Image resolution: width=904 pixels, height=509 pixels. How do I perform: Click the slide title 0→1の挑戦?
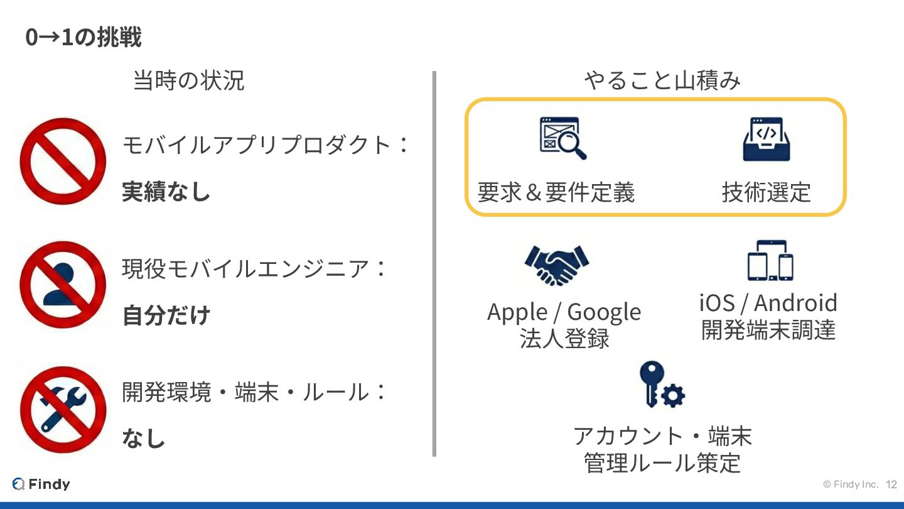(x=83, y=38)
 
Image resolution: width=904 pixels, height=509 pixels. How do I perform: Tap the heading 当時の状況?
(x=188, y=81)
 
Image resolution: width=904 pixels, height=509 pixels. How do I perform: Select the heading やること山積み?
(x=662, y=81)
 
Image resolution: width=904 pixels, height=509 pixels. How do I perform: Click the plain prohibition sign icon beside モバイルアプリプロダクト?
(x=62, y=161)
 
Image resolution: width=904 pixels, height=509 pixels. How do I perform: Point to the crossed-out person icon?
(x=62, y=284)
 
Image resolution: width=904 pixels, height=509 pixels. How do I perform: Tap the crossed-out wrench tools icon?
(x=62, y=408)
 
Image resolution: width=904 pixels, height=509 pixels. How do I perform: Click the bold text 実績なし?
(x=166, y=192)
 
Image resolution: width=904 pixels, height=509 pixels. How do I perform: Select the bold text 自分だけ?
(x=166, y=315)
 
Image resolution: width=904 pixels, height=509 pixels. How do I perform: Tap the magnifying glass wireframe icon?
(x=562, y=138)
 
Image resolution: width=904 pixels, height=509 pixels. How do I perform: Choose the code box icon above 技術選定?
(x=766, y=138)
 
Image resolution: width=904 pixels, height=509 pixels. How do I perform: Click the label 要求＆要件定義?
(x=556, y=192)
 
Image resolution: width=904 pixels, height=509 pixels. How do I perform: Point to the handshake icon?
(x=556, y=265)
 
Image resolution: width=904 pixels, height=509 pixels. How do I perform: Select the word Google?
(x=604, y=312)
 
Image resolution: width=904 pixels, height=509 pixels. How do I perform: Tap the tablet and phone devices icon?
(x=770, y=260)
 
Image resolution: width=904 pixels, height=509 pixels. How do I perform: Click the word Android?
(x=795, y=303)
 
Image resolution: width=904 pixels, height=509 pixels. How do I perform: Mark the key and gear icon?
(x=660, y=385)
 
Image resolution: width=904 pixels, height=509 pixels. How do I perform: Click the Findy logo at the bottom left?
(x=41, y=484)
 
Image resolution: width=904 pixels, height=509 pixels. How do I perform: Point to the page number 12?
(x=891, y=484)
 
